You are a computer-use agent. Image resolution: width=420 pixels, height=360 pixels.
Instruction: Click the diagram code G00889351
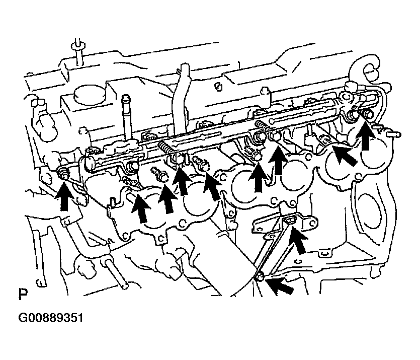pyautogui.click(x=51, y=318)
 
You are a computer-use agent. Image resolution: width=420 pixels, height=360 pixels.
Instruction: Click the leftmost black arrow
pyautogui.click(x=64, y=195)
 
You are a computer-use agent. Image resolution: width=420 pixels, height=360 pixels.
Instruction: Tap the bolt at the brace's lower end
pyautogui.click(x=260, y=277)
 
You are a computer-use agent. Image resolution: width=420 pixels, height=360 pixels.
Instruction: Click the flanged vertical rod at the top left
pyautogui.click(x=78, y=54)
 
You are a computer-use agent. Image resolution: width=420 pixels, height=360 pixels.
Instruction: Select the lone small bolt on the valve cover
pyautogui.click(x=219, y=86)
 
